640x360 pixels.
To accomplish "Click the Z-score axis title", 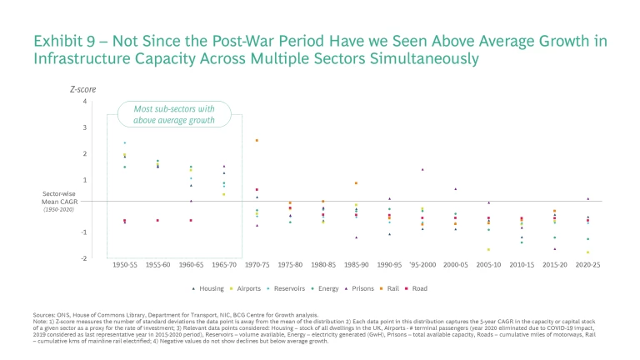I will coord(79,88).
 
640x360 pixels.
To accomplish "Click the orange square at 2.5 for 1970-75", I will coord(257,141).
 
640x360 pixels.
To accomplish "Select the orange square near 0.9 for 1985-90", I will coord(356,183).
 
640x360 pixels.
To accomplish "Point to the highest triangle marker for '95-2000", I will coord(422,169).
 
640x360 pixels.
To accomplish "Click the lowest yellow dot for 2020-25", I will coord(587,252).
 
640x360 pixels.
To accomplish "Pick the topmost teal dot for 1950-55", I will coord(124,142).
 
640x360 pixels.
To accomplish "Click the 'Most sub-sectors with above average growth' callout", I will coord(177,114).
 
